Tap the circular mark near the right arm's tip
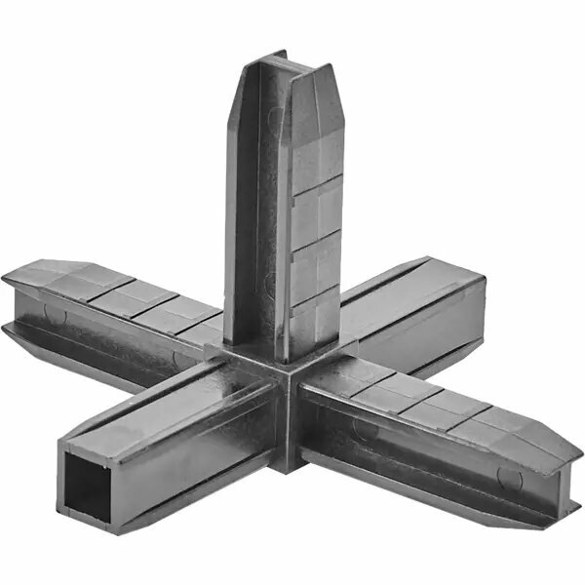(507, 477)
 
